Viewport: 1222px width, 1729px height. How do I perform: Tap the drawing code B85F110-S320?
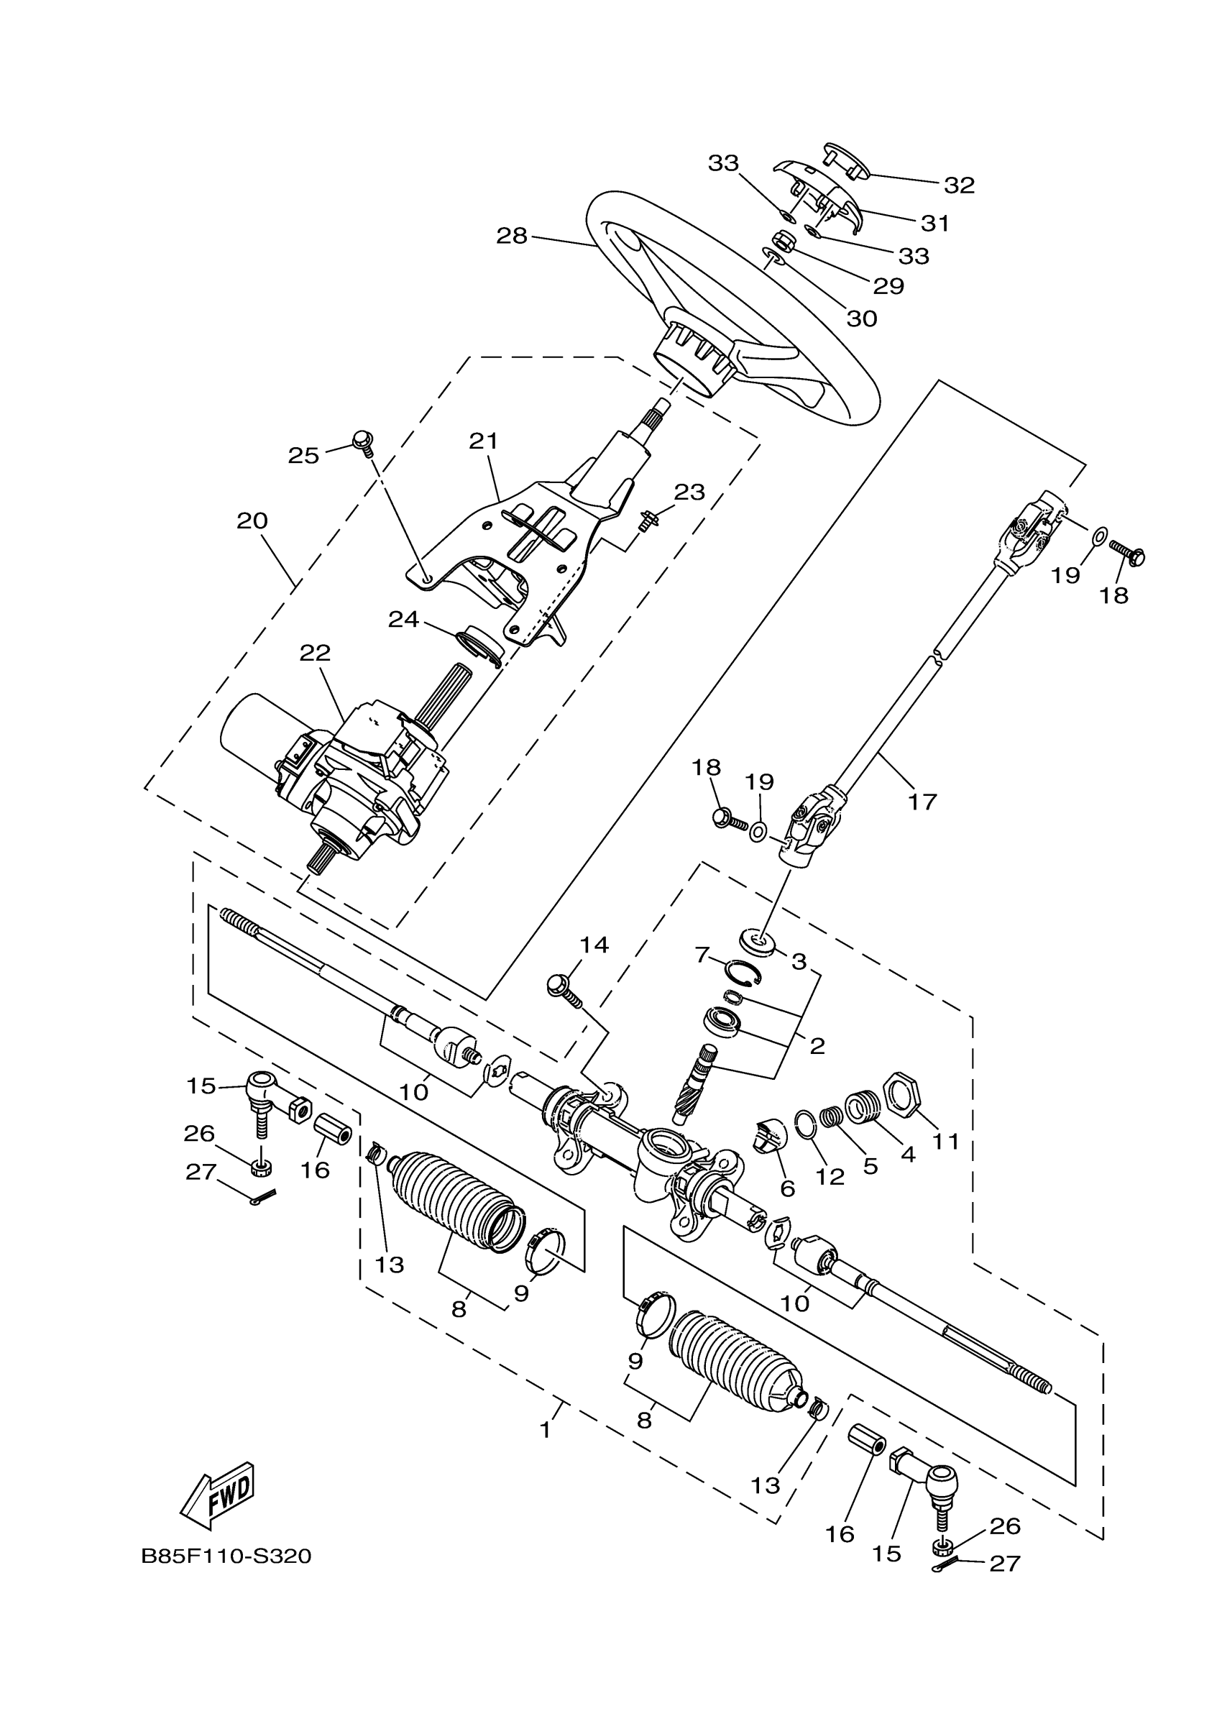(226, 1556)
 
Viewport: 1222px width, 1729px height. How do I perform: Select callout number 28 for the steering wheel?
(512, 236)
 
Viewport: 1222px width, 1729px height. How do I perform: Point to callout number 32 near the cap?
(959, 185)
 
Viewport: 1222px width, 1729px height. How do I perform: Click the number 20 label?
(252, 520)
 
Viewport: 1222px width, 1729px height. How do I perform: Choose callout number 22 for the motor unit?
(315, 653)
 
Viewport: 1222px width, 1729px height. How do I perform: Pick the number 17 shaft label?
(922, 802)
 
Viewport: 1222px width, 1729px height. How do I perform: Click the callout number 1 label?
(546, 1428)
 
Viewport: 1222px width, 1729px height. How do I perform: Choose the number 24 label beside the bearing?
(403, 619)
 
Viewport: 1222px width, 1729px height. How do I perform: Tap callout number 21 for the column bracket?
(483, 441)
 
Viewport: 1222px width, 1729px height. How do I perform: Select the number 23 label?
(689, 492)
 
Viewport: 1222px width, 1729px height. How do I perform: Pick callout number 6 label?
(788, 1188)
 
